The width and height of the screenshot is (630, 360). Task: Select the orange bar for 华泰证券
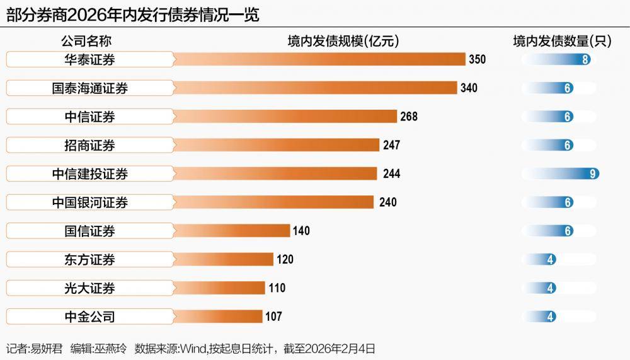coord(318,59)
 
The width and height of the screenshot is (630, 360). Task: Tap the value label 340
coord(469,88)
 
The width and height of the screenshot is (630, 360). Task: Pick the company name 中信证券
coord(89,117)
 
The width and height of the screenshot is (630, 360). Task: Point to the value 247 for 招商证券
coord(391,146)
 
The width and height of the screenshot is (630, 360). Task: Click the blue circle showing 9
coord(593,174)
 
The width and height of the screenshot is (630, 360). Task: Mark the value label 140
coord(301,231)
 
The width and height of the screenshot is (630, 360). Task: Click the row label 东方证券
coord(89,260)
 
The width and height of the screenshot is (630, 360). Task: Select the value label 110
coord(277,288)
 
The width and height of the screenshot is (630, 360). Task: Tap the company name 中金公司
coord(89,316)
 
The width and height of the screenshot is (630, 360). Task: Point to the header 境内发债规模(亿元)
coord(343,42)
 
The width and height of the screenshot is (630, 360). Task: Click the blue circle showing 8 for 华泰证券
coord(586,60)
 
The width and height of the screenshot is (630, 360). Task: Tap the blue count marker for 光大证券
coord(551,288)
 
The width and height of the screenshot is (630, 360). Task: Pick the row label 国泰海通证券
coord(89,88)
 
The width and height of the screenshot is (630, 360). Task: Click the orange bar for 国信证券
coord(231,231)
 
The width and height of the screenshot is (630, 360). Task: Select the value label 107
coord(273,316)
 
